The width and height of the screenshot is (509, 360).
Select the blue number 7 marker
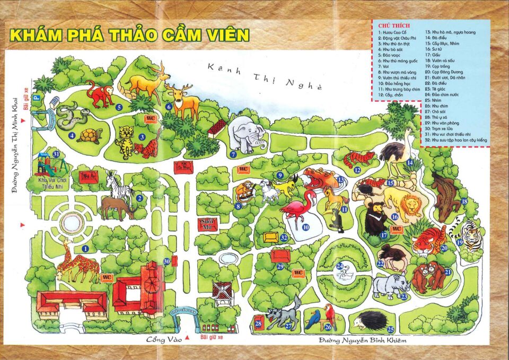[233, 155]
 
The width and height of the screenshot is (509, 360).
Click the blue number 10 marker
[306, 227]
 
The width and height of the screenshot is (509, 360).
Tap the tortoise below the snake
[89, 136]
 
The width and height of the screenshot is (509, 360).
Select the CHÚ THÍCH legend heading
[391, 26]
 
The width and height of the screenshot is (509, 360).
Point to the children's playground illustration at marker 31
[48, 163]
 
